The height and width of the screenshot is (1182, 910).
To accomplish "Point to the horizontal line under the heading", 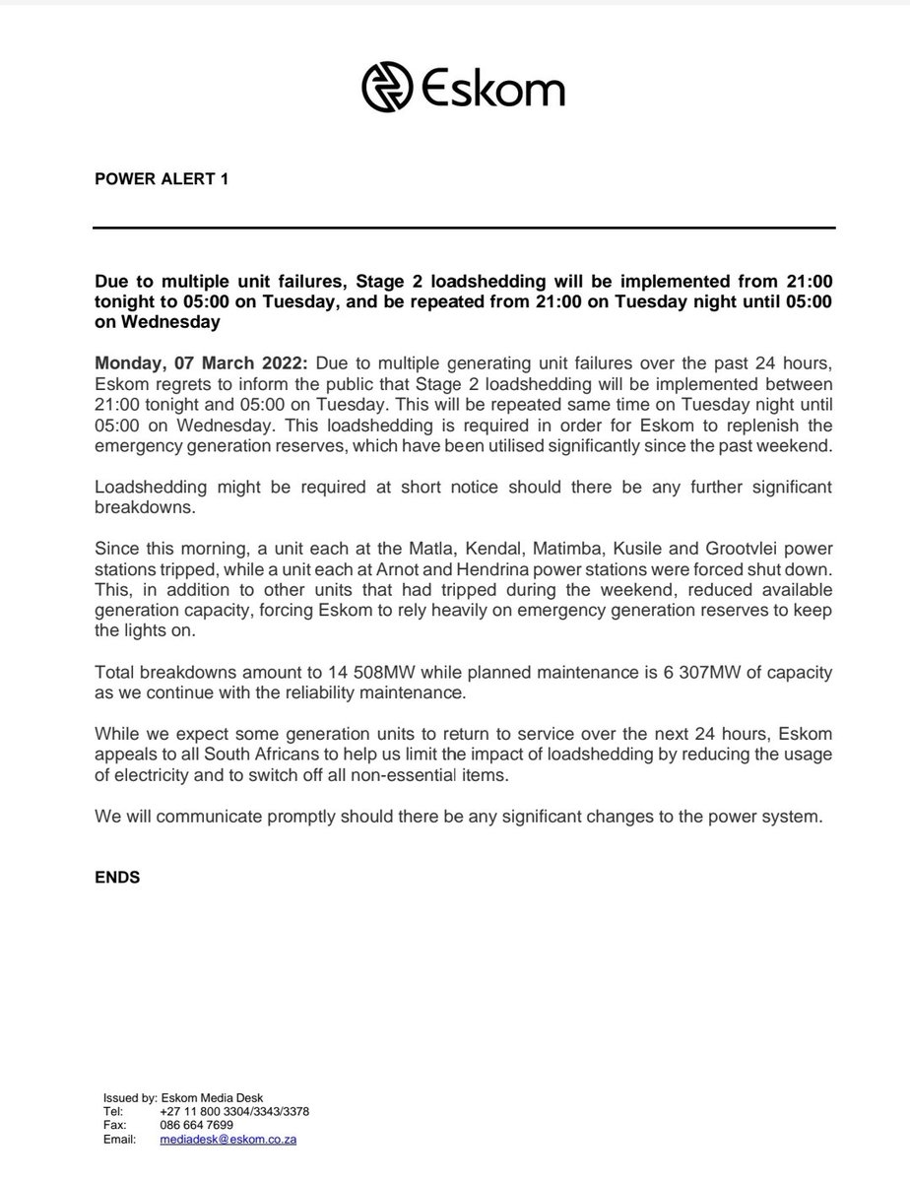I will click(x=463, y=229).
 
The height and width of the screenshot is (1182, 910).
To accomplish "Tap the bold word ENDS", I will click(x=117, y=877).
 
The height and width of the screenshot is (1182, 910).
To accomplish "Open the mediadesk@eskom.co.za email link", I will click(x=228, y=1139).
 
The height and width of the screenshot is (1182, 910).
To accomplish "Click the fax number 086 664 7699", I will click(x=196, y=1125).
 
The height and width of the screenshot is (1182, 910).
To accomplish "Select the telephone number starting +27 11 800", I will click(x=235, y=1111).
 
